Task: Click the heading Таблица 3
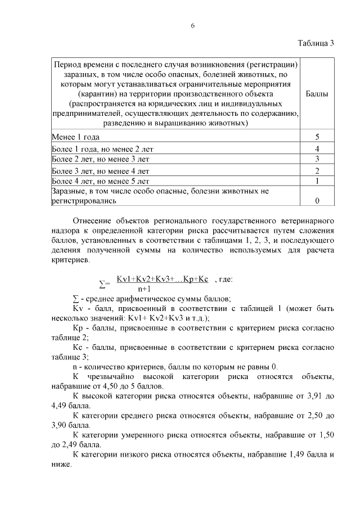[x=315, y=44]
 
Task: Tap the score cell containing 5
[x=317, y=137]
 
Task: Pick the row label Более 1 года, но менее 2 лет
[x=102, y=149]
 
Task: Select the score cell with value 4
[x=317, y=149]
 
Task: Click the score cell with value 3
[x=317, y=159]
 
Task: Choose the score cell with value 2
[x=317, y=170]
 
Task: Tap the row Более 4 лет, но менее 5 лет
[x=101, y=181]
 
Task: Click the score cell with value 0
[x=317, y=200]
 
